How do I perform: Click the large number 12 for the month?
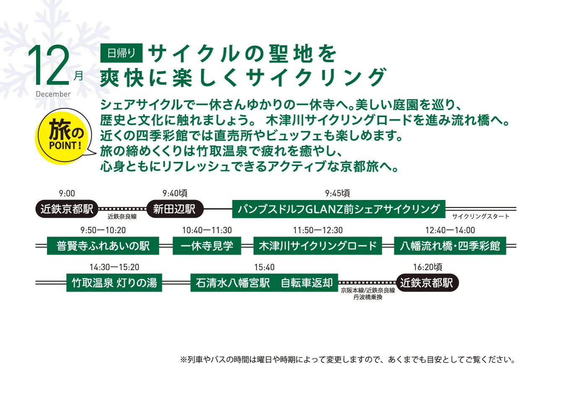coord(49,65)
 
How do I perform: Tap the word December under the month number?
coord(53,94)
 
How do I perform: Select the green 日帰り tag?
coord(121,53)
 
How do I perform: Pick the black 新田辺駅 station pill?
coord(175,209)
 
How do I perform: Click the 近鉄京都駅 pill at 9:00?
coord(67,209)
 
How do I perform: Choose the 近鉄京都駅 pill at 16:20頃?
coord(427,283)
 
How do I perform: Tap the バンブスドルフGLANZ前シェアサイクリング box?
coord(339,209)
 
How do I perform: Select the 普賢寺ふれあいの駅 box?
coord(103,246)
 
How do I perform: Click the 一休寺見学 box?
coord(207,246)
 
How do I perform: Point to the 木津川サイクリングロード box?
coord(318,246)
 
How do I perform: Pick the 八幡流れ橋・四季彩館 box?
coord(450,246)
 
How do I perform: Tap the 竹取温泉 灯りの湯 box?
coord(114,283)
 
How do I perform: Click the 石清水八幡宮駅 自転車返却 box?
coord(264,283)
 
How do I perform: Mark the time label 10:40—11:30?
coord(207,230)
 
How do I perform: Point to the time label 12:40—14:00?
coord(450,230)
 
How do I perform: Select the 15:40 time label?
coord(264,267)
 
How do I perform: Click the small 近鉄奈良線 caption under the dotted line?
coord(122,217)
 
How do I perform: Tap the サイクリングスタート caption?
coord(481,216)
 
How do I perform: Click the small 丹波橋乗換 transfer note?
coord(368,297)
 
